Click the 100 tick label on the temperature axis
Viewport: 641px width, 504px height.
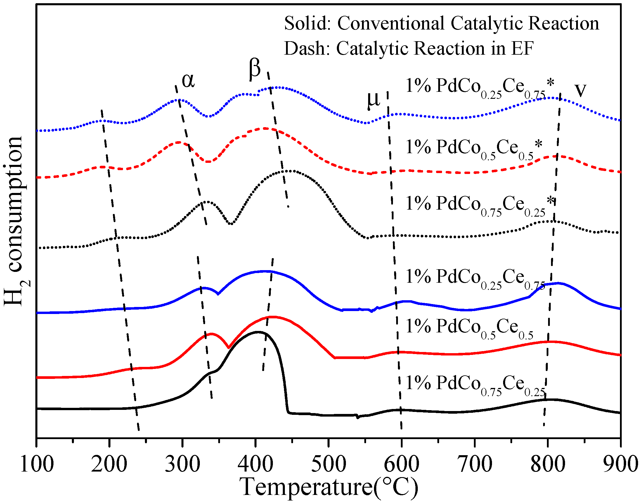click(37, 464)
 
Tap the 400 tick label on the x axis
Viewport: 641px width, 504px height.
click(255, 464)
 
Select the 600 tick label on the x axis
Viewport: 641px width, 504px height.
click(401, 464)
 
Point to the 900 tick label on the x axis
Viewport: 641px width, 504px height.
click(620, 464)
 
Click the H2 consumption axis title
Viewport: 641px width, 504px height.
click(15, 221)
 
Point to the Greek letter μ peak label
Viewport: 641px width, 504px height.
click(373, 100)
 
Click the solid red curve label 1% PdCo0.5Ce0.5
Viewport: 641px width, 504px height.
click(470, 328)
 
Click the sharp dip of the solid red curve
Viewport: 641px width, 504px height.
click(228, 348)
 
